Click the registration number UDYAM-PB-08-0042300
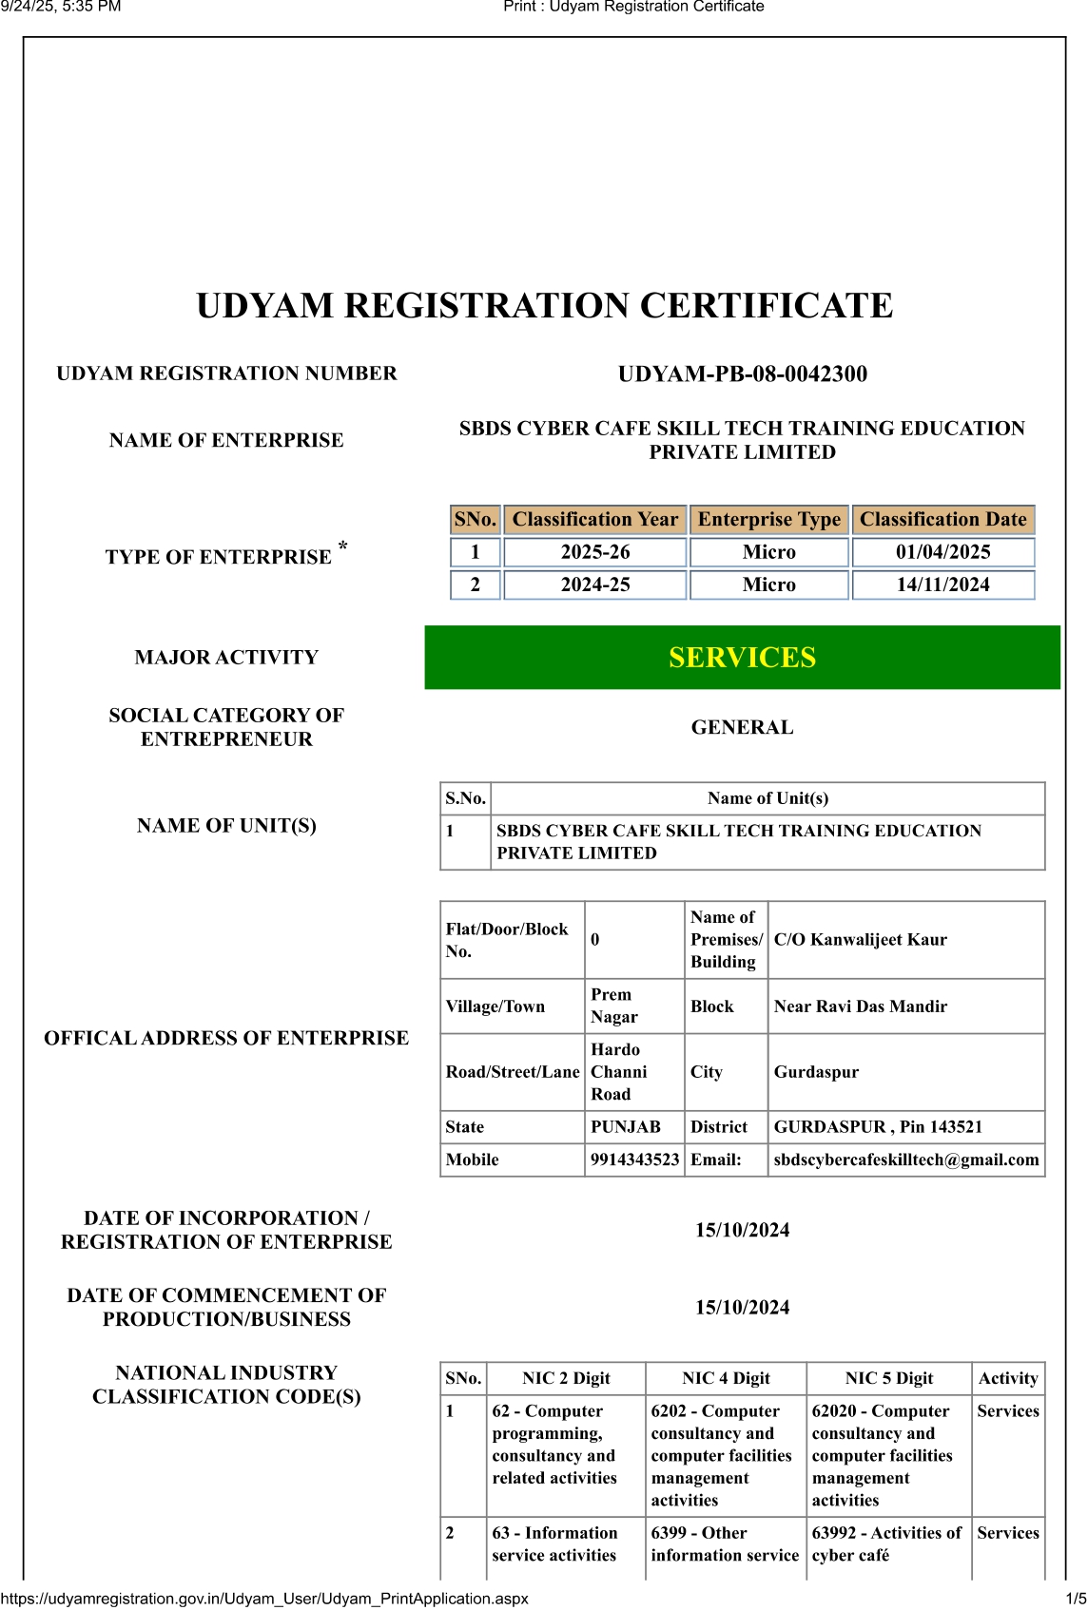click(742, 374)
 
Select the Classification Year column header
click(594, 520)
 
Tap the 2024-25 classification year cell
click(594, 585)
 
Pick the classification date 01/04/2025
click(942, 552)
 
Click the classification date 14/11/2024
click(942, 585)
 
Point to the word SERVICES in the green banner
click(742, 658)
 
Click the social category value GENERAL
click(742, 728)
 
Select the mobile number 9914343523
click(634, 1160)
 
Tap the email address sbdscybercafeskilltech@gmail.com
click(905, 1160)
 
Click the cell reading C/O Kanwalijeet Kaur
click(860, 940)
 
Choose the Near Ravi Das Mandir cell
click(860, 1006)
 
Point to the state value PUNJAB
click(625, 1127)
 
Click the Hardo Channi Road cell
click(619, 1072)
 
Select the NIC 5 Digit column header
click(888, 1378)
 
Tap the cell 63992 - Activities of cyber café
click(886, 1544)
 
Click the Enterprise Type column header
click(768, 520)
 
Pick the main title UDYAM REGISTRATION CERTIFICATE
click(544, 306)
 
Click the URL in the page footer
click(264, 1599)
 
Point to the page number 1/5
click(1076, 1599)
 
